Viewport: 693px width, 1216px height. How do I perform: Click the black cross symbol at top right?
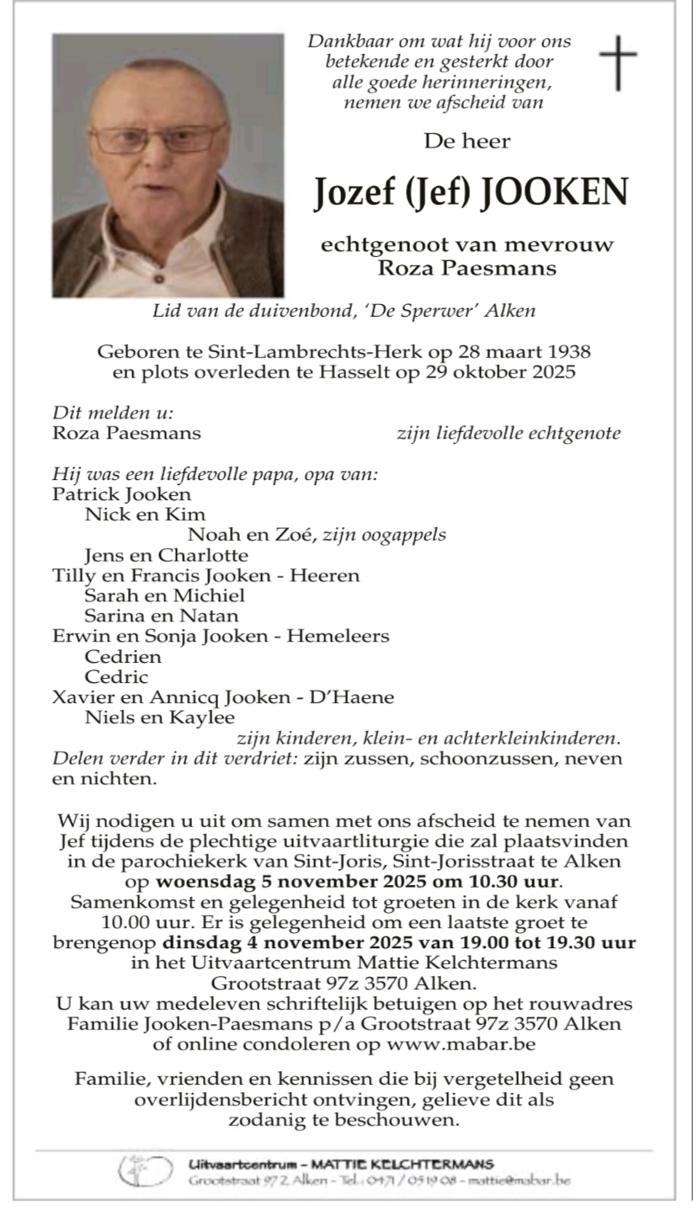[x=617, y=63]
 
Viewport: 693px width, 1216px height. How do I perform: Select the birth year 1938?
[x=564, y=351]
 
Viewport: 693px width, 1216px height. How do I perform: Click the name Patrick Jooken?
[x=121, y=494]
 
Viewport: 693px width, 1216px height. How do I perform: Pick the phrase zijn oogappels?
[x=385, y=535]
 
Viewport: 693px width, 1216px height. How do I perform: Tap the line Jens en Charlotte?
[x=166, y=555]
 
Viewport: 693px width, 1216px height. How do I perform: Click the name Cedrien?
[x=123, y=656]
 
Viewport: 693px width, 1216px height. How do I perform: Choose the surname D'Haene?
[x=350, y=697]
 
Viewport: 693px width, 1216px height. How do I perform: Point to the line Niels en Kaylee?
[x=159, y=717]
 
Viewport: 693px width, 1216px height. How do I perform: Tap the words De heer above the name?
[x=466, y=141]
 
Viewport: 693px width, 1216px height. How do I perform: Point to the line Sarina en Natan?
[x=161, y=616]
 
